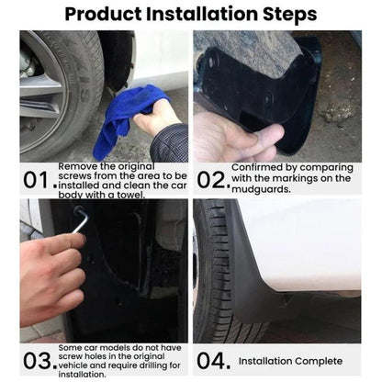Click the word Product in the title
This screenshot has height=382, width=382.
pyautogui.click(x=103, y=15)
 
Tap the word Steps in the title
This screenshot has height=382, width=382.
pyautogui.click(x=290, y=14)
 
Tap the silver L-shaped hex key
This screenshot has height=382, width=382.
pyautogui.click(x=81, y=219)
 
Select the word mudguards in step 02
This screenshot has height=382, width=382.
pyautogui.click(x=261, y=189)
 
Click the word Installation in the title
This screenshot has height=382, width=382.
pyautogui.click(x=202, y=14)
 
